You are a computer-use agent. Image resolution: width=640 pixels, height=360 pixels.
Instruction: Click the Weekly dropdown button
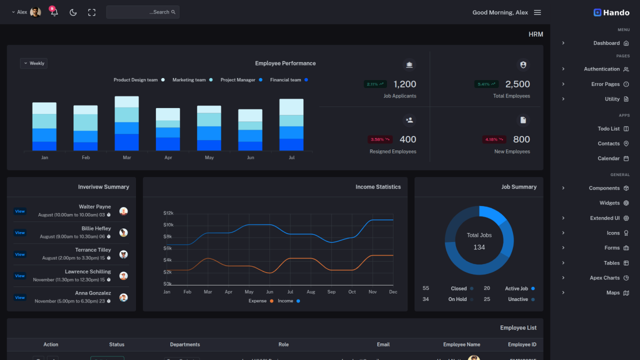point(33,63)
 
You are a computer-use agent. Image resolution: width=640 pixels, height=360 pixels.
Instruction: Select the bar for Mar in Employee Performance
point(126,123)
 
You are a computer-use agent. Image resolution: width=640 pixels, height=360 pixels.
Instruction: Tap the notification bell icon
point(54,12)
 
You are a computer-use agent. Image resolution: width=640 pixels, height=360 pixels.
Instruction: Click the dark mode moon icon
point(73,12)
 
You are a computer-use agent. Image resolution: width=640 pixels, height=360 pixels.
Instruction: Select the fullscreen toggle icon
point(91,12)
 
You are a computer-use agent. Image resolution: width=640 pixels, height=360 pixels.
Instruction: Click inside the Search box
point(142,12)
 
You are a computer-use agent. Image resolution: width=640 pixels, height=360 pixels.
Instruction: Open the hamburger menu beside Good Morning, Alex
point(537,12)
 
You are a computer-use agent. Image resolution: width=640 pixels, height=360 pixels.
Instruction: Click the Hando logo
point(611,12)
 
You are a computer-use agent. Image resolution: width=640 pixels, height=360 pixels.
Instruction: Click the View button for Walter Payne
point(20,211)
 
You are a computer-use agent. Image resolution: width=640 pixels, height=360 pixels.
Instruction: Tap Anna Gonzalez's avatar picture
point(123,297)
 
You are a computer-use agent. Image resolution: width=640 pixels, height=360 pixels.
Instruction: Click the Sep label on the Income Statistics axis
point(331,292)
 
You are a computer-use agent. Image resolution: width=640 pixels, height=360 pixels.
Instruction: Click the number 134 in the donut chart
point(479,247)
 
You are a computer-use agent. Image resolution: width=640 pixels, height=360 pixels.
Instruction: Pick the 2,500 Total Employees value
point(517,84)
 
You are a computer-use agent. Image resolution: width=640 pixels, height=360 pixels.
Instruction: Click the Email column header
point(383,344)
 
